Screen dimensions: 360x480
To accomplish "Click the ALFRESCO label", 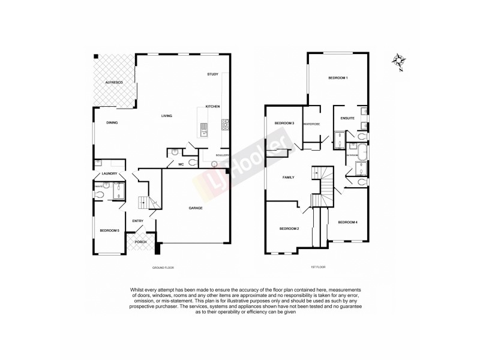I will pos(114,81).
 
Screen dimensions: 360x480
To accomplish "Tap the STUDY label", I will pos(212,74).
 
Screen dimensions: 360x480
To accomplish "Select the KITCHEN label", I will pos(213,106).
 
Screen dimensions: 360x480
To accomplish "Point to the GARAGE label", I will pos(196,208).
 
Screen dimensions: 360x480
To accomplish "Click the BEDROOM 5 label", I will pos(109,230).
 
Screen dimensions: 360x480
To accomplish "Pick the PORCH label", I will pos(140,242).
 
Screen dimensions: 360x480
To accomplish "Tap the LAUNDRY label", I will pos(109,174).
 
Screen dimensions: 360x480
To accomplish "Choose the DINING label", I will pos(112,123).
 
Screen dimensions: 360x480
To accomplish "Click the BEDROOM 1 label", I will pos(338,79).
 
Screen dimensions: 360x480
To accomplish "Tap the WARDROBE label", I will pos(311,124).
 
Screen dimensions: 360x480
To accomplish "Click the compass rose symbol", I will pos(398,60).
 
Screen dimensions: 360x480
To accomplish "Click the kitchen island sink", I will pos(204,127).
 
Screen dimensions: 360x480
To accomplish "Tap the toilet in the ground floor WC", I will pos(193,162).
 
